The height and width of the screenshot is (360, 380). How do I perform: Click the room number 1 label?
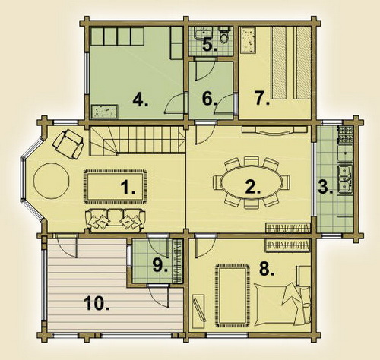128,188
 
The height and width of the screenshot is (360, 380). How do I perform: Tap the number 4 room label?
141,99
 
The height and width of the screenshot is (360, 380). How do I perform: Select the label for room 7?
262,98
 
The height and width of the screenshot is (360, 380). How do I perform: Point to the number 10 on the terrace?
97,303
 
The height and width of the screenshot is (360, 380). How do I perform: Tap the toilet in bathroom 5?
224,35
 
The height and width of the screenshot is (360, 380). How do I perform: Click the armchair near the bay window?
68,144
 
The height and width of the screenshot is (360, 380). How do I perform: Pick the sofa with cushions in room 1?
116,220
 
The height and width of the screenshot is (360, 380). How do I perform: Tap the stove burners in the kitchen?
345,134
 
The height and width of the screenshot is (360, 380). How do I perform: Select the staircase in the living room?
137,141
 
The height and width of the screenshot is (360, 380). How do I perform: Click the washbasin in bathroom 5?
202,33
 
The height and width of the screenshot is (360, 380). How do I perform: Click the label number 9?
160,265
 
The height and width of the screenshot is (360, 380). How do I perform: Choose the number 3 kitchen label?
325,188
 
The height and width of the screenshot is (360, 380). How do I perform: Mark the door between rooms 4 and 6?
176,103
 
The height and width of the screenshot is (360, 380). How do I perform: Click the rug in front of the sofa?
116,186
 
